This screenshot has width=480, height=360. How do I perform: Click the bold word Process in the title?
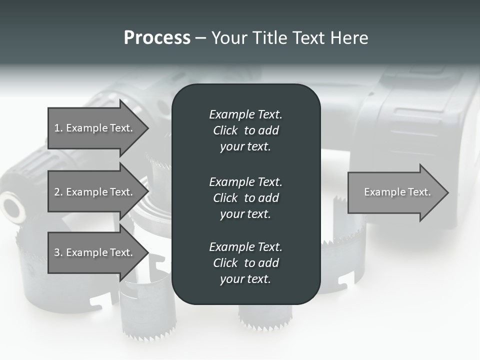pyautogui.click(x=157, y=38)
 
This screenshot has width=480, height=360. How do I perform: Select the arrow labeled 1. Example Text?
pyautogui.click(x=94, y=128)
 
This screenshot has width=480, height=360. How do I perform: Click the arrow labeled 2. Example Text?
pyautogui.click(x=94, y=192)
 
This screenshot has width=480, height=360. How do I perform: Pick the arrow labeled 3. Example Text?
pyautogui.click(x=94, y=252)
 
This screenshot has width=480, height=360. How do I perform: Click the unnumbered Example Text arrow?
pyautogui.click(x=397, y=192)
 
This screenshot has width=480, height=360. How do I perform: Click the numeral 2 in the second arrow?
pyautogui.click(x=57, y=192)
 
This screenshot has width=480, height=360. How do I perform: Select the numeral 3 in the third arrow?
pyautogui.click(x=57, y=252)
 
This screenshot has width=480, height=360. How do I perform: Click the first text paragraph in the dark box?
pyautogui.click(x=245, y=130)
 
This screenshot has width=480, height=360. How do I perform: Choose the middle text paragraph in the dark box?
pyautogui.click(x=245, y=197)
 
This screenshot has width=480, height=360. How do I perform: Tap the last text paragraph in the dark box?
pyautogui.click(x=245, y=262)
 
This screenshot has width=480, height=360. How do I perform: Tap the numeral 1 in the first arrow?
pyautogui.click(x=57, y=128)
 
